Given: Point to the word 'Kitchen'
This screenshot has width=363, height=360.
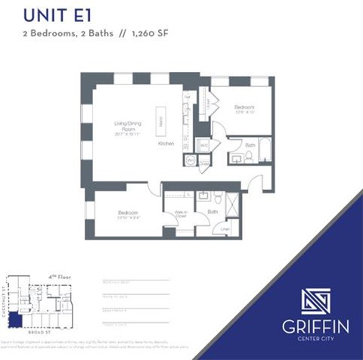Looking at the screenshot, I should (167, 143).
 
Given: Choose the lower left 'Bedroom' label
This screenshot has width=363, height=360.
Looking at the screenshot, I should (129, 213).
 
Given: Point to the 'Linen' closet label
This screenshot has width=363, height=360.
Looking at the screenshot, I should (225, 228).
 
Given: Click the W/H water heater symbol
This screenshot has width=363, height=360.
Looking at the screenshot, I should (191, 161).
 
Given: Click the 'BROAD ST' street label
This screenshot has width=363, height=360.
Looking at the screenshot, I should (39, 332).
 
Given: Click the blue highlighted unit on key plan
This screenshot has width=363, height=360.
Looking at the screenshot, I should (14, 321).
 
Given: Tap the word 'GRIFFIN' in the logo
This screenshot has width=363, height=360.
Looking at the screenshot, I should (317, 327).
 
